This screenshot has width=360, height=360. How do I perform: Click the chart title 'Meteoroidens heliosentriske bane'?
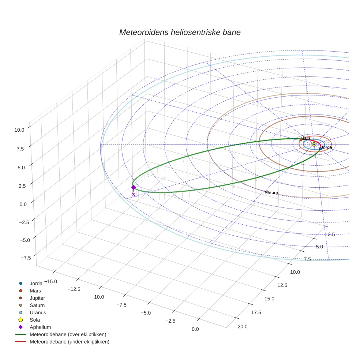180,32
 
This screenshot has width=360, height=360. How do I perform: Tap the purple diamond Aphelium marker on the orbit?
134,187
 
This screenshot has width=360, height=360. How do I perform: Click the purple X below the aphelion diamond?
134,195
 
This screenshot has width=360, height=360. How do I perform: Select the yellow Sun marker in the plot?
314,145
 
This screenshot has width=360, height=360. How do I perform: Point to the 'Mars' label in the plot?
305,138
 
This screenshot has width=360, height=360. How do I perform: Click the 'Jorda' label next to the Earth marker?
326,147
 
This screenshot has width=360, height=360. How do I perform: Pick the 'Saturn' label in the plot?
272,193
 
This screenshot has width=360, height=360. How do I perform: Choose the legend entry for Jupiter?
37,298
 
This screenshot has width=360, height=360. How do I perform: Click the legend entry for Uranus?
38,312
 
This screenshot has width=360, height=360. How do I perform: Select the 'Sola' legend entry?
35,320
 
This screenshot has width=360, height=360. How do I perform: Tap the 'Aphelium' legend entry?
40,327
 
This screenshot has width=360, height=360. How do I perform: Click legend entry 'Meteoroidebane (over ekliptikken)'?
68,334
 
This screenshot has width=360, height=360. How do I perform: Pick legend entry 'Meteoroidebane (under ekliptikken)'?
69,342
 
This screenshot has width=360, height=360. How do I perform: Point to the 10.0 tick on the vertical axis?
19,130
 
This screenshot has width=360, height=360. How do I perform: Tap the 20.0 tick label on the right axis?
243,327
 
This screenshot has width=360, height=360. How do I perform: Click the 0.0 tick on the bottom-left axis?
195,329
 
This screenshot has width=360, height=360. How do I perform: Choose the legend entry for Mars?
35,290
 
